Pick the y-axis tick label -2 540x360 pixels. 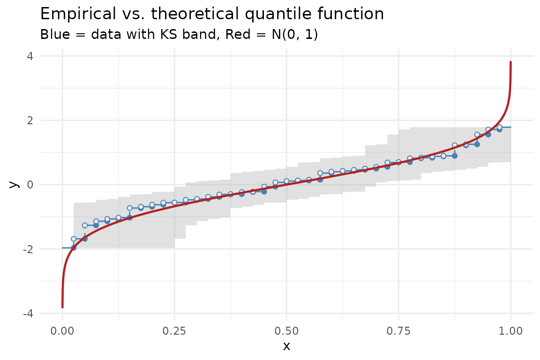pyautogui.click(x=28, y=249)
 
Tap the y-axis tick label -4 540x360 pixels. pyautogui.click(x=28, y=313)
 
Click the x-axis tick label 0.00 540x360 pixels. pyautogui.click(x=62, y=331)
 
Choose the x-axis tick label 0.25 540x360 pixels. pyautogui.click(x=174, y=331)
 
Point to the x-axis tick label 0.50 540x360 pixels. pyautogui.click(x=286, y=331)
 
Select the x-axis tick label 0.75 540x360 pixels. pyautogui.click(x=398, y=331)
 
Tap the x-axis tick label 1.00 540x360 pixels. pyautogui.click(x=510, y=331)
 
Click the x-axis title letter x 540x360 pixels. pyautogui.click(x=286, y=346)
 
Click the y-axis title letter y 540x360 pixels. pyautogui.click(x=14, y=185)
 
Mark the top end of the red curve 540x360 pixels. pyautogui.click(x=510, y=62)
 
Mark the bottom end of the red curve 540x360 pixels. pyautogui.click(x=62, y=307)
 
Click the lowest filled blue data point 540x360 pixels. pyautogui.click(x=74, y=247)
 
